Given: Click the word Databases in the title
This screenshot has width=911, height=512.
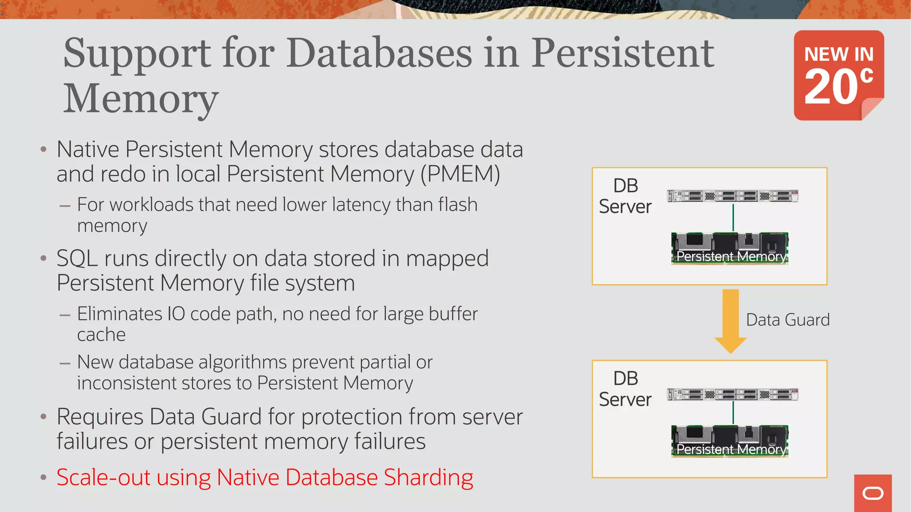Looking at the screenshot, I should pyautogui.click(x=379, y=53).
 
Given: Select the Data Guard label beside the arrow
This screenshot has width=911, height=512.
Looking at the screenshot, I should pyautogui.click(x=787, y=320).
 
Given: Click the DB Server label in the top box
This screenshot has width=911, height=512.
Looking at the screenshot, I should pyautogui.click(x=625, y=196).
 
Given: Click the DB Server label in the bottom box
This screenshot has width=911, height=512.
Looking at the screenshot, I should pyautogui.click(x=625, y=389).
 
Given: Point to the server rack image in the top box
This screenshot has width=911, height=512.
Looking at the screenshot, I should pyautogui.click(x=733, y=196).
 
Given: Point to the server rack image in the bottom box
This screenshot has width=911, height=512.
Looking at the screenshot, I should pyautogui.click(x=733, y=395).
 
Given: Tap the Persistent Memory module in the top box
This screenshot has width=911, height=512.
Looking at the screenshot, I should pyautogui.click(x=730, y=248).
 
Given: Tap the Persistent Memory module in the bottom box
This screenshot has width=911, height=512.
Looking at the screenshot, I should pyautogui.click(x=730, y=441).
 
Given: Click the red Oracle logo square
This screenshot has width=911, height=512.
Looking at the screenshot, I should pyautogui.click(x=873, y=493).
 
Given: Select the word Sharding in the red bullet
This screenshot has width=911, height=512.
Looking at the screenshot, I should pyautogui.click(x=428, y=478).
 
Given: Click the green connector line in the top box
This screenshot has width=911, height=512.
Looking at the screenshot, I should pyautogui.click(x=733, y=217).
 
